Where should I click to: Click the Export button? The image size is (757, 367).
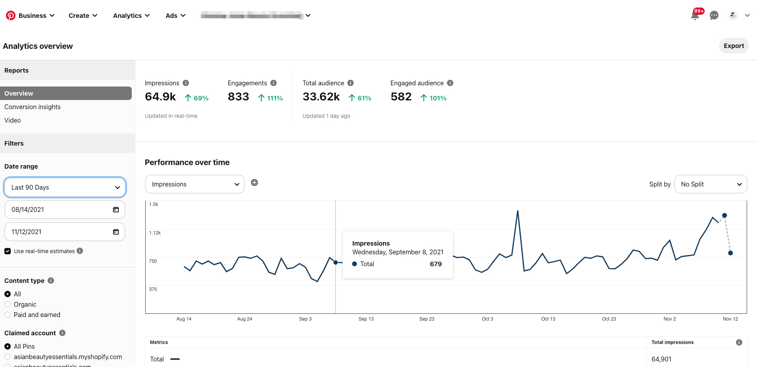point(734,46)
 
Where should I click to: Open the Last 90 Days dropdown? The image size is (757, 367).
point(65,187)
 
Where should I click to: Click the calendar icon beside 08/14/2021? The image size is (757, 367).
point(116,209)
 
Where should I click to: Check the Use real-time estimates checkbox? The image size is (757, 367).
point(8,251)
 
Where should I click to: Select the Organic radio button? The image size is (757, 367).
point(8,304)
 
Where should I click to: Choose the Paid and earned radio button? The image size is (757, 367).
point(8,315)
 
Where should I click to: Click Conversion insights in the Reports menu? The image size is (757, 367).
point(33,107)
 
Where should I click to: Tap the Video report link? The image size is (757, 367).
point(13,120)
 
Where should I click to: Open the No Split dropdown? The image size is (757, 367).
point(711,184)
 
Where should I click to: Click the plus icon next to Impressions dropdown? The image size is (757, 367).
point(254,183)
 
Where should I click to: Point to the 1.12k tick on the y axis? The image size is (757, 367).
point(155,233)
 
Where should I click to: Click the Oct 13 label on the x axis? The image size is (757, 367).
point(548,319)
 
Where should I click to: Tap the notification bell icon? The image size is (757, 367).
point(695,16)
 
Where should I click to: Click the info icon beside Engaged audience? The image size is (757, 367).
point(450,83)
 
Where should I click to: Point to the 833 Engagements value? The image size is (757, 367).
point(238,97)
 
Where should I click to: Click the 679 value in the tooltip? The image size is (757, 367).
point(435,264)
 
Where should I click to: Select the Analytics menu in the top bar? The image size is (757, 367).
point(131,15)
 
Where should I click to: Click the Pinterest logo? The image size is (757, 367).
point(11,15)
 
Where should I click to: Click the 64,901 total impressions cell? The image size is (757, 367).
point(661,359)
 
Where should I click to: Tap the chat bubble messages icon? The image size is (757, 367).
point(714,15)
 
